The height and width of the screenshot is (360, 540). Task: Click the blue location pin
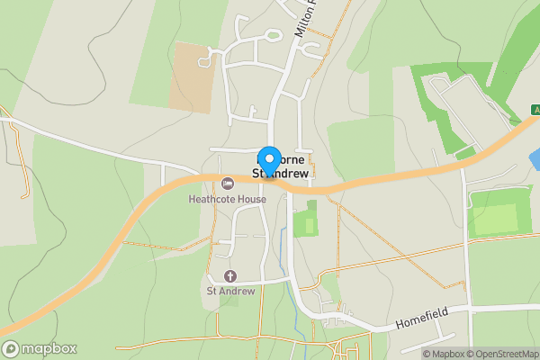click(x=269, y=158)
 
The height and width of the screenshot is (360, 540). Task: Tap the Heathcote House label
click(x=227, y=199)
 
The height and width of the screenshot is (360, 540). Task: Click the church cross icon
click(x=229, y=275)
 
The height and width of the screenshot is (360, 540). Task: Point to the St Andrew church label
click(x=231, y=291)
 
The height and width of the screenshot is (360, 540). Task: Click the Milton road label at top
click(x=306, y=18)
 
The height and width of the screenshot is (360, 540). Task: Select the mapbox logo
click(x=40, y=349)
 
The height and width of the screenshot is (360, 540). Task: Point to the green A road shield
click(x=532, y=110)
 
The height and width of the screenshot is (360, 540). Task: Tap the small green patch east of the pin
click(x=306, y=220)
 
